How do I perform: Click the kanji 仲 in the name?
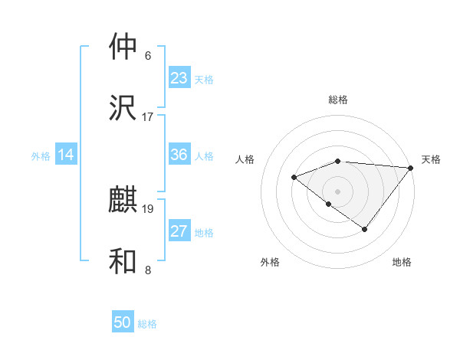click(123, 47)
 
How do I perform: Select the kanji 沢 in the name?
click(123, 108)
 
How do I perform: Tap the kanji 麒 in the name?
click(123, 201)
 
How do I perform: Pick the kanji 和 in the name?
click(123, 261)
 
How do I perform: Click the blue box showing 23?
click(179, 78)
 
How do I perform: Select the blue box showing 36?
click(179, 155)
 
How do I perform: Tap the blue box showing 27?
click(179, 231)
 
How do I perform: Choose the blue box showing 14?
click(66, 155)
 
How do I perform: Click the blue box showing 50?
click(123, 322)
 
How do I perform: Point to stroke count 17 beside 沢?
click(148, 116)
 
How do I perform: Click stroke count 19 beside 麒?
click(148, 208)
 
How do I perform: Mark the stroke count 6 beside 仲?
click(148, 55)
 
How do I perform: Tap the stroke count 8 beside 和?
click(148, 270)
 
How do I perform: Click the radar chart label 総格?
click(338, 100)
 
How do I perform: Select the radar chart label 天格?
click(431, 159)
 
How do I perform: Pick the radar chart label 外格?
click(270, 262)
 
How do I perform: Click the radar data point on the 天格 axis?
click(411, 167)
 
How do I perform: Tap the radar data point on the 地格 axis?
click(365, 229)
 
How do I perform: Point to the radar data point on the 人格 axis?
click(294, 177)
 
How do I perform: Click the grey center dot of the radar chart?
click(338, 191)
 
